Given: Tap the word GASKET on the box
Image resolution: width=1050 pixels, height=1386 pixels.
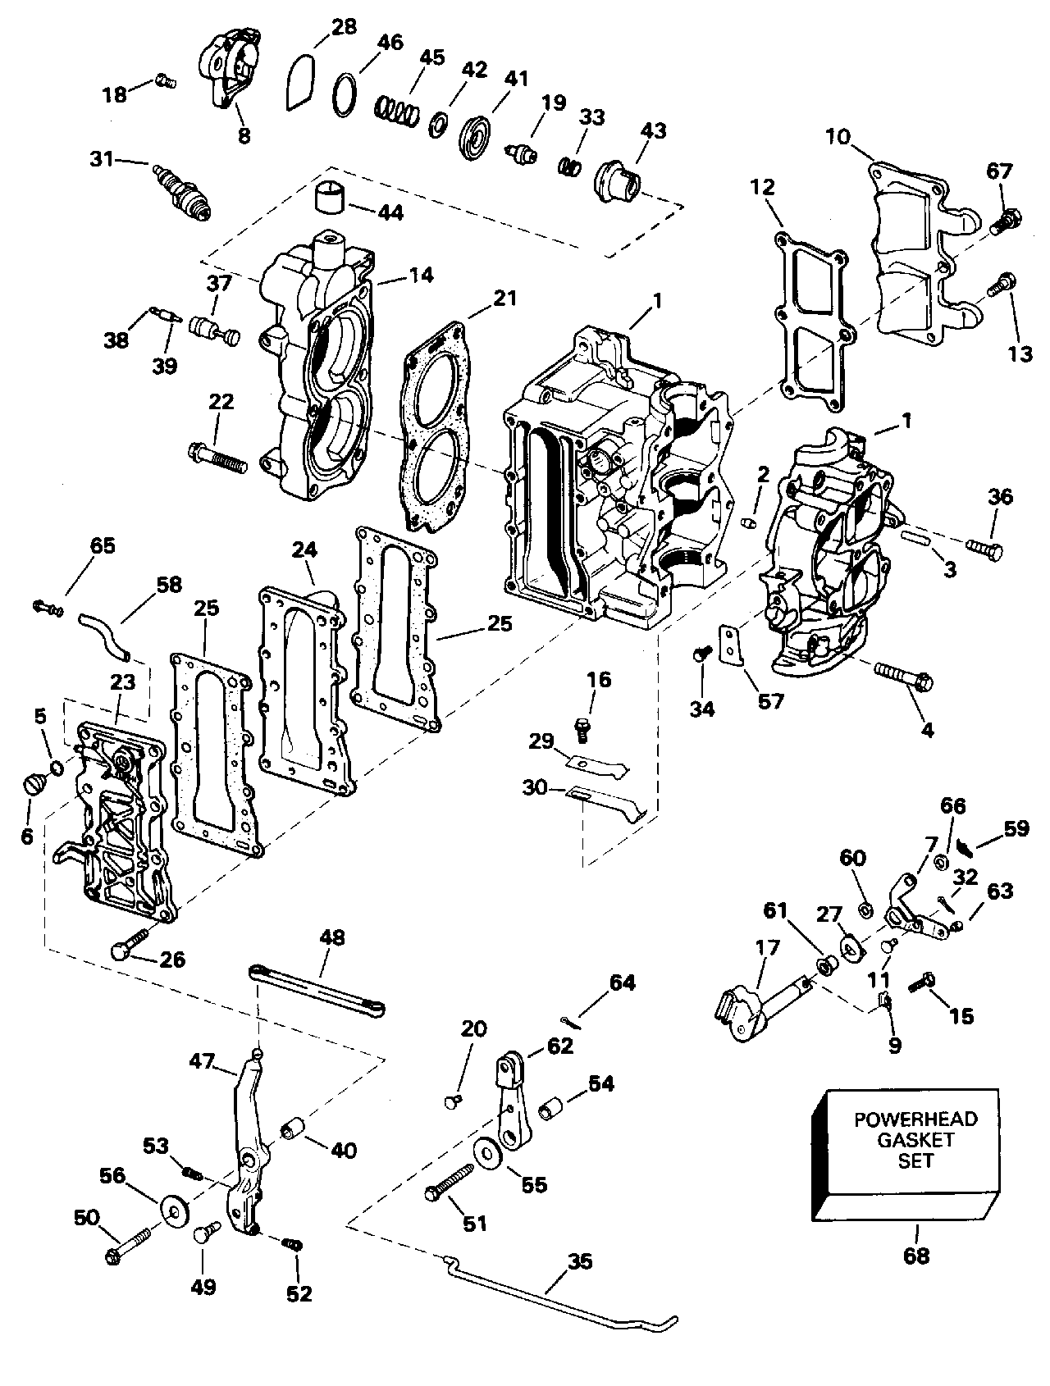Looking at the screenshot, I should [x=915, y=1140].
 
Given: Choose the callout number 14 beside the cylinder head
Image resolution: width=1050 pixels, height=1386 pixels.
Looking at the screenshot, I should [x=421, y=275].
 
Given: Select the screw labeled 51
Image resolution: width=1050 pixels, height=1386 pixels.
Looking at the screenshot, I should [x=450, y=1183].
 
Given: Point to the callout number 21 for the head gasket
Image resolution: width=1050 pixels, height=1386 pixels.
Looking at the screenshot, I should [x=504, y=298].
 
